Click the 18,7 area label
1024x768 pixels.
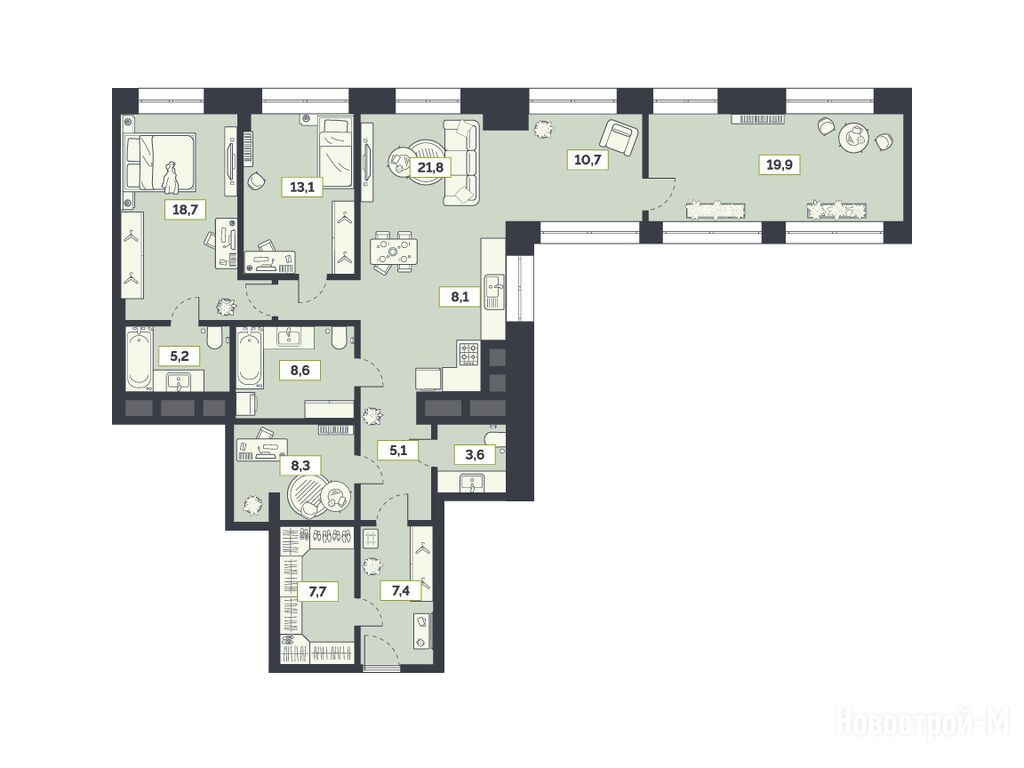click(x=185, y=210)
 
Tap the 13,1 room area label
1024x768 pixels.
click(x=302, y=187)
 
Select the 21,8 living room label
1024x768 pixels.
click(x=430, y=167)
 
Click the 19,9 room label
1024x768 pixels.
click(x=779, y=164)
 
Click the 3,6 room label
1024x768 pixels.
click(x=475, y=454)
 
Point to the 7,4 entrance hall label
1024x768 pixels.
click(x=401, y=591)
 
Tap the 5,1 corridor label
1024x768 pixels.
click(x=397, y=449)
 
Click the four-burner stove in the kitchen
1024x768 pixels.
click(x=469, y=353)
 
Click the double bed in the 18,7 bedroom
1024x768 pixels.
click(x=160, y=162)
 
